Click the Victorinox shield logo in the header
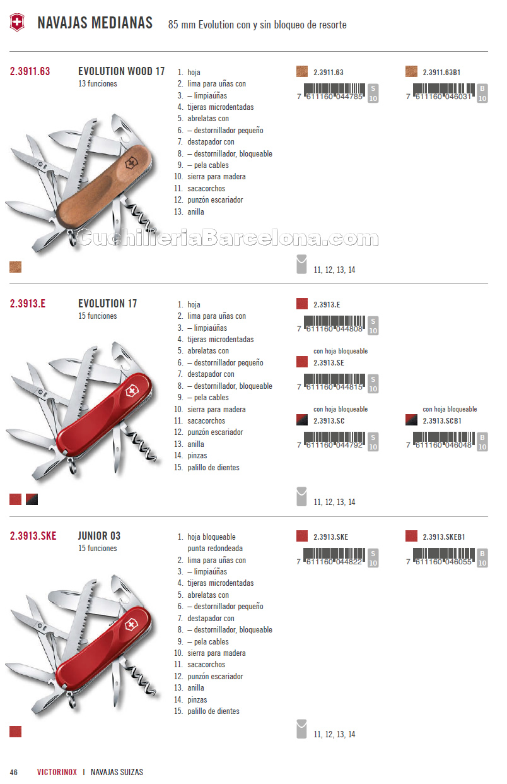point(17,23)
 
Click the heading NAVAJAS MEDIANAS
point(95,23)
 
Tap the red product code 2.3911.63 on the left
point(30,71)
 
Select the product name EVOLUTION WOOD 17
point(121,71)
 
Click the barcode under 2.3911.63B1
point(443,92)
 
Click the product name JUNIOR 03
point(99,536)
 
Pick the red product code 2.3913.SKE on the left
point(33,536)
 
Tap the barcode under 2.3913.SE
point(334,383)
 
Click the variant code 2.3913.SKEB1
point(443,537)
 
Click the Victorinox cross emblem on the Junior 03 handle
point(131,626)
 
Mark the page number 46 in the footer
point(13,772)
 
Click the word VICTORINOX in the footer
point(57,772)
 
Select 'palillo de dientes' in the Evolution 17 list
point(213,468)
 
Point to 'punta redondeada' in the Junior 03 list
point(214,549)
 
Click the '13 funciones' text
point(97,84)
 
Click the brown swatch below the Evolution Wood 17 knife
point(16,267)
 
